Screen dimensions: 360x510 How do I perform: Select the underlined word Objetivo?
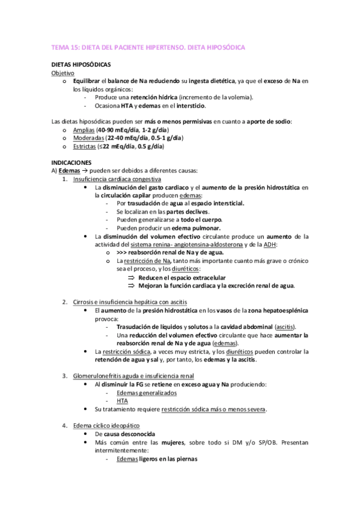[63, 72]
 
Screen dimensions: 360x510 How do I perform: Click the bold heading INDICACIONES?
[71, 162]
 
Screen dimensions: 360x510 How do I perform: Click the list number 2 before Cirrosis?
[65, 301]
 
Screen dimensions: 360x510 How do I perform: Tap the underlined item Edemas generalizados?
[147, 392]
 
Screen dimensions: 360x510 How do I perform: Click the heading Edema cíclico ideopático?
[107, 425]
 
